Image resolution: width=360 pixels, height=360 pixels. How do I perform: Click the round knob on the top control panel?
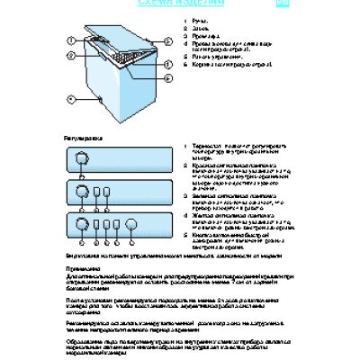pyautogui.click(x=80, y=158)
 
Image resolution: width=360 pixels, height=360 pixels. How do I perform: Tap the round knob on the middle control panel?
pyautogui.click(x=80, y=192)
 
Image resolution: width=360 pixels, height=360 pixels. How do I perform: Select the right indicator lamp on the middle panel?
pyautogui.click(x=107, y=192)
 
